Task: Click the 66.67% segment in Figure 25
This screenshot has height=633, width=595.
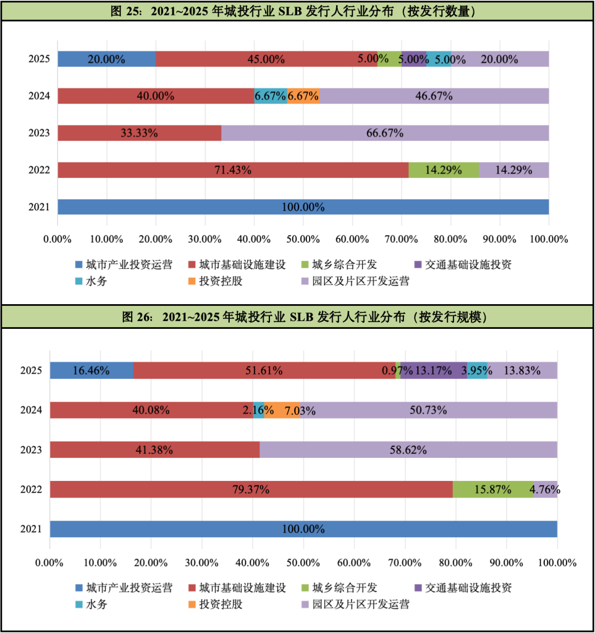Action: (x=385, y=133)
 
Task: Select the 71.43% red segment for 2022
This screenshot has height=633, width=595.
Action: (x=233, y=170)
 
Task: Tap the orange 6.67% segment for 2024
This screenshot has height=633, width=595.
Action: (x=304, y=96)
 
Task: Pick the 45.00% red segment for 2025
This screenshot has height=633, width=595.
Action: (x=266, y=59)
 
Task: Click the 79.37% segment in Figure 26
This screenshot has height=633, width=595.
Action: (x=251, y=489)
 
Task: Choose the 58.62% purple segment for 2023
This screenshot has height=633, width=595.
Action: (x=408, y=450)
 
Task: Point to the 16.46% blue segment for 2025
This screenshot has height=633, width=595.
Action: (x=91, y=370)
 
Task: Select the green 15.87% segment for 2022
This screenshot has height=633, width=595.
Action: (x=493, y=489)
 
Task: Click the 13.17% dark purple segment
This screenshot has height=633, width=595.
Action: (x=434, y=370)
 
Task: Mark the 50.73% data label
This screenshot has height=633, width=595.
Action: (x=428, y=410)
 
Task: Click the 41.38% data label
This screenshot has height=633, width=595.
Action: (x=154, y=450)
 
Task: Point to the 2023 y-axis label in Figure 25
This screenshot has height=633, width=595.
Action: (x=39, y=133)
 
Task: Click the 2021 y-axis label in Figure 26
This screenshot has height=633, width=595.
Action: (x=31, y=529)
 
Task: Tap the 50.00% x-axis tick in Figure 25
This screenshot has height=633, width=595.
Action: (x=303, y=239)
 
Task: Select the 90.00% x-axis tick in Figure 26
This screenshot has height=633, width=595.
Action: (x=506, y=562)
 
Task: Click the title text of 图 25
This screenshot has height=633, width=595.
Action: (x=293, y=11)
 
